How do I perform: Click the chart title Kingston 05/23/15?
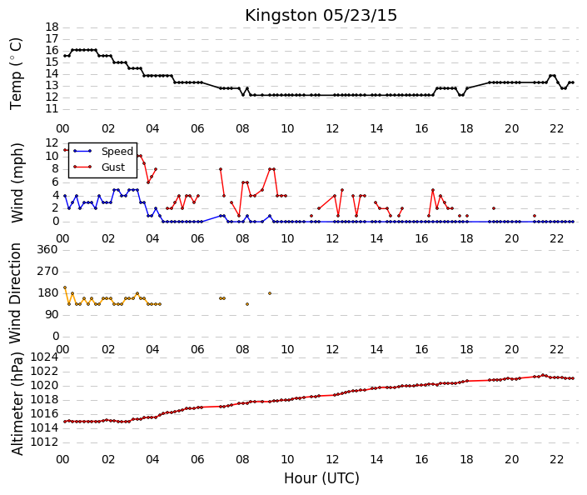point(321,16)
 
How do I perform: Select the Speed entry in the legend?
point(117,152)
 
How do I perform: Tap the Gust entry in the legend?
point(113,167)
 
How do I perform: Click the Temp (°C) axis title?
point(16,74)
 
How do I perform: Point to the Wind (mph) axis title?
point(17,182)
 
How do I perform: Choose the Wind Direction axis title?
point(15,293)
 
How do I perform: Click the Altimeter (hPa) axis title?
point(17,403)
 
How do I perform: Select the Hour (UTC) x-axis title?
point(321,478)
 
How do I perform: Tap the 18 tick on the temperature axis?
point(52,27)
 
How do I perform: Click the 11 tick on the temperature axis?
point(52,109)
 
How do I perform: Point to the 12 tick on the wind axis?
point(52,142)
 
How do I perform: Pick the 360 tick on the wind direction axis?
point(47,249)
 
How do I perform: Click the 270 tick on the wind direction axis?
point(47,272)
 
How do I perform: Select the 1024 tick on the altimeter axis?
point(44,357)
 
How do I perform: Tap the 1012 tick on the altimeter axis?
point(44,442)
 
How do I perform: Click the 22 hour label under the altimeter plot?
point(556,459)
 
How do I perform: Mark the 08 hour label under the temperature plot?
point(242,129)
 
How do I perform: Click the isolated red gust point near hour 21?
point(535,216)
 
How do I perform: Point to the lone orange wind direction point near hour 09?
point(270,293)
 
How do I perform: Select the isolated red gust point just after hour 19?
point(494,208)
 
